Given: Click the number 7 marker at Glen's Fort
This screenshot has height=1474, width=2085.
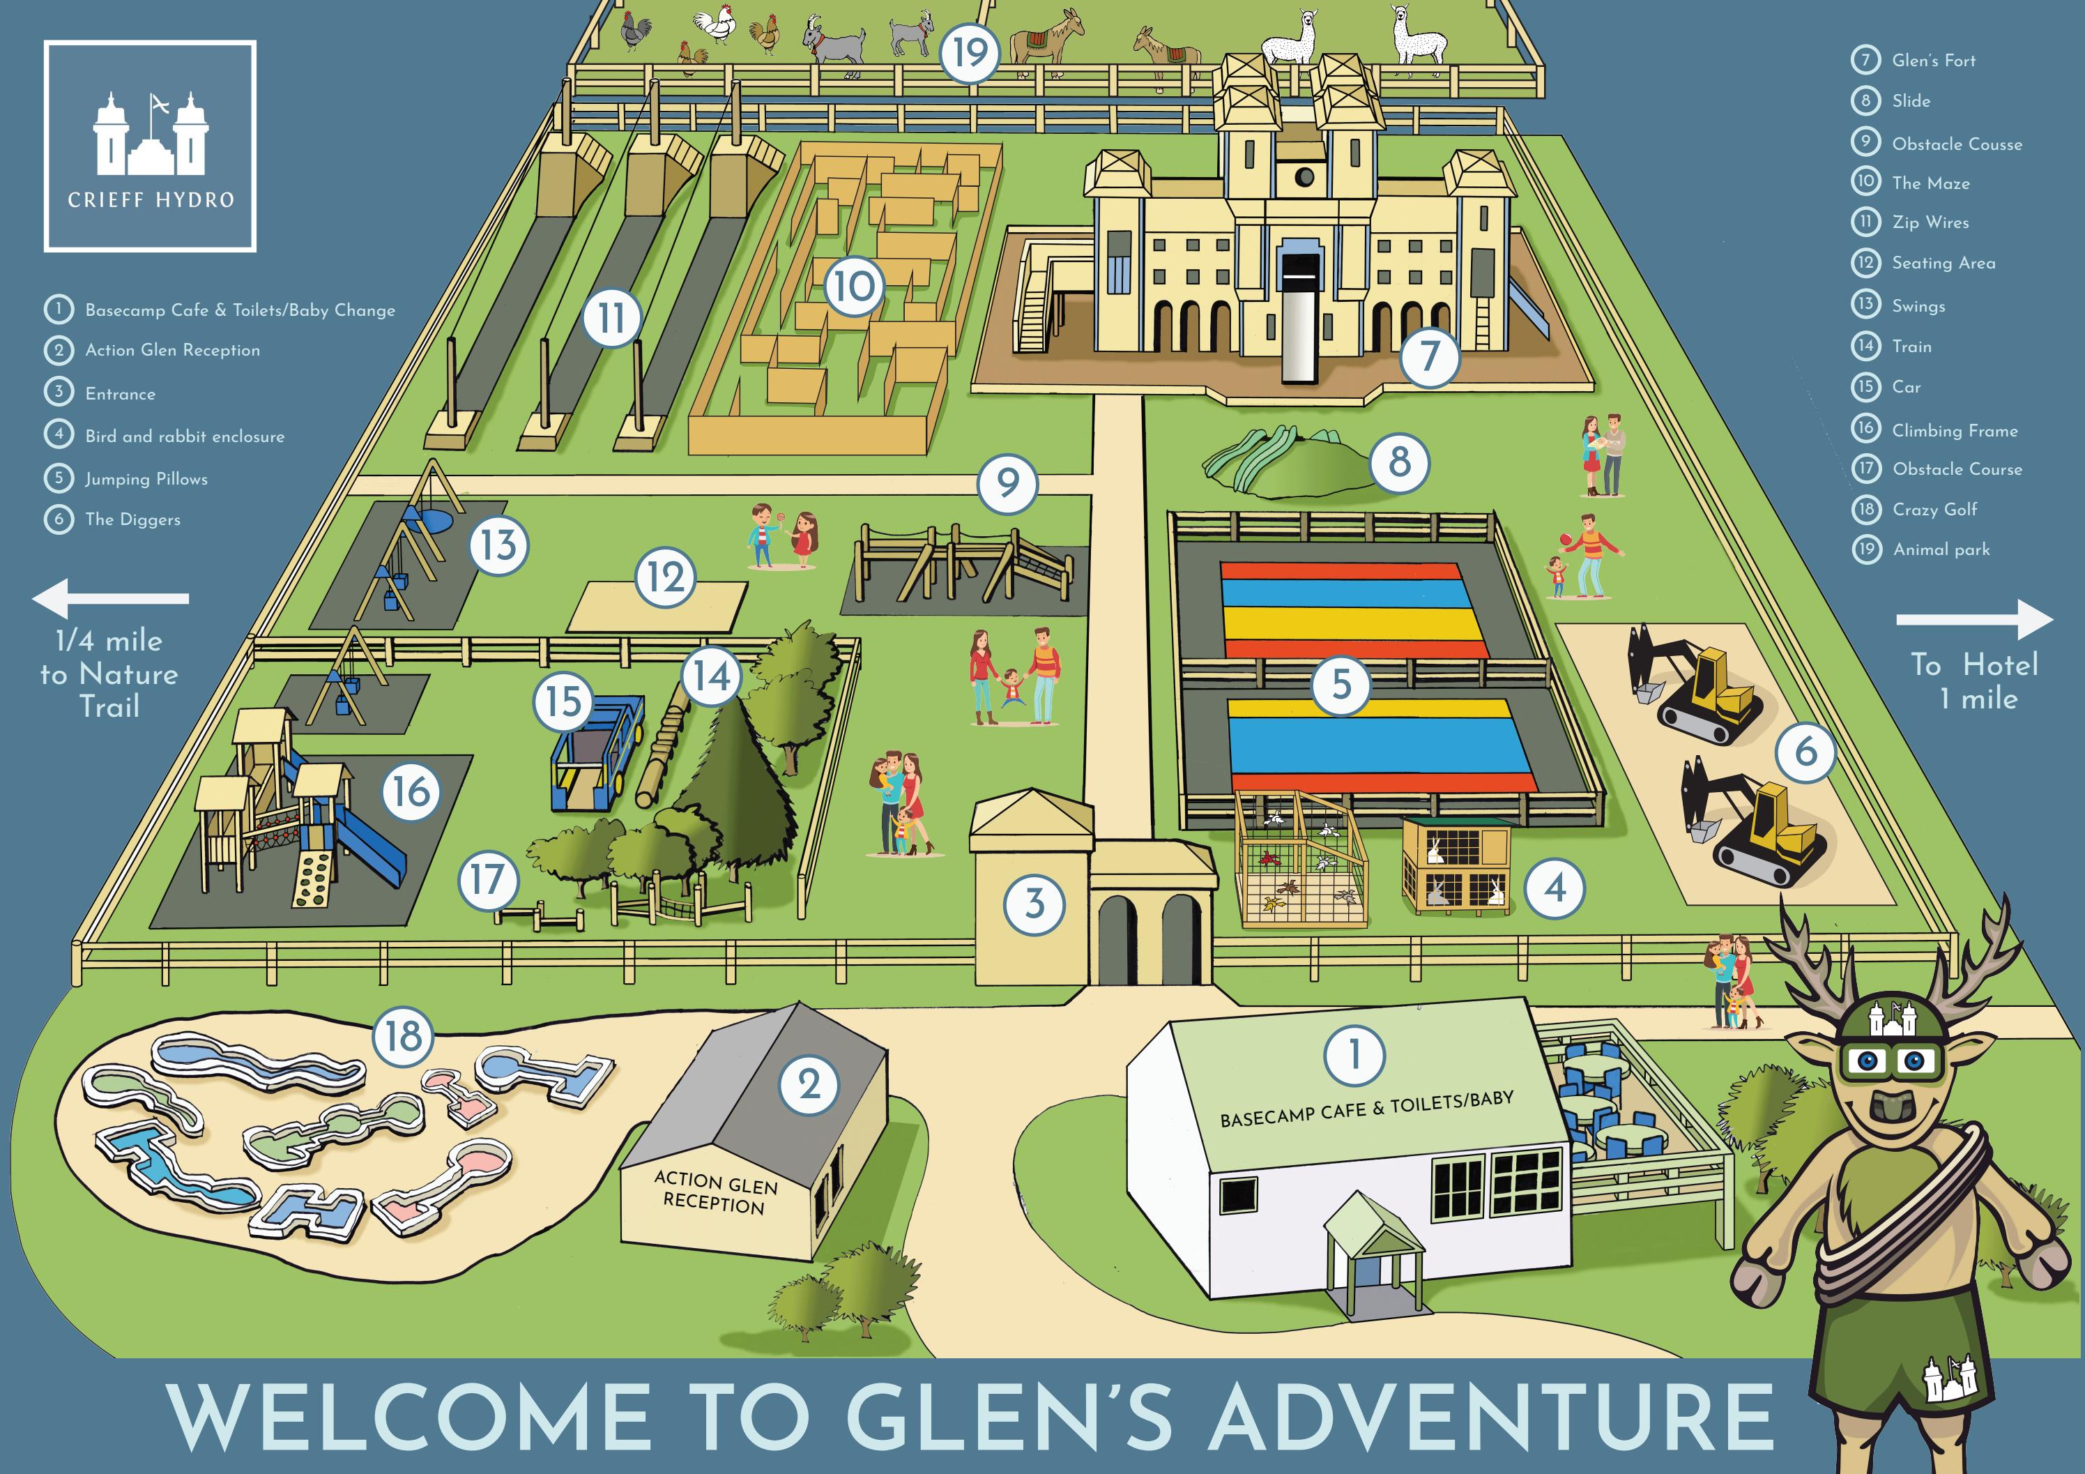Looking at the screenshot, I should pos(1429,356).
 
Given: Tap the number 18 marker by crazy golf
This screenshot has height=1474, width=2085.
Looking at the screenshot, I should pos(403,1035).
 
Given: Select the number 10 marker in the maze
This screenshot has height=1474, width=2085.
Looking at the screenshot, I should pos(854,286).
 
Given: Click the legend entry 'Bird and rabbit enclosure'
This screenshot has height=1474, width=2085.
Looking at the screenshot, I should pos(184,436).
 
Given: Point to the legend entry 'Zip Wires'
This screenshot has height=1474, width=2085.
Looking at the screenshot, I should pos(1930,222).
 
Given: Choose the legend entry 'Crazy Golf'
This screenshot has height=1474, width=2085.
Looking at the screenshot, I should pos(1934,510).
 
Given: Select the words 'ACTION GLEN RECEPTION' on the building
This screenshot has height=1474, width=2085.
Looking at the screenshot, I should pos(715,1192).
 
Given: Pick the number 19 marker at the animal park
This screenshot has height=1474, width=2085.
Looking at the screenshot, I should pos(969,53).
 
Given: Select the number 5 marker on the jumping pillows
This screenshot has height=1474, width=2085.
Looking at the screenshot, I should pos(1341,684).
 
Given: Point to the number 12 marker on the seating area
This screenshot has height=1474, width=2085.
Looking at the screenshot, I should pos(665,577).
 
